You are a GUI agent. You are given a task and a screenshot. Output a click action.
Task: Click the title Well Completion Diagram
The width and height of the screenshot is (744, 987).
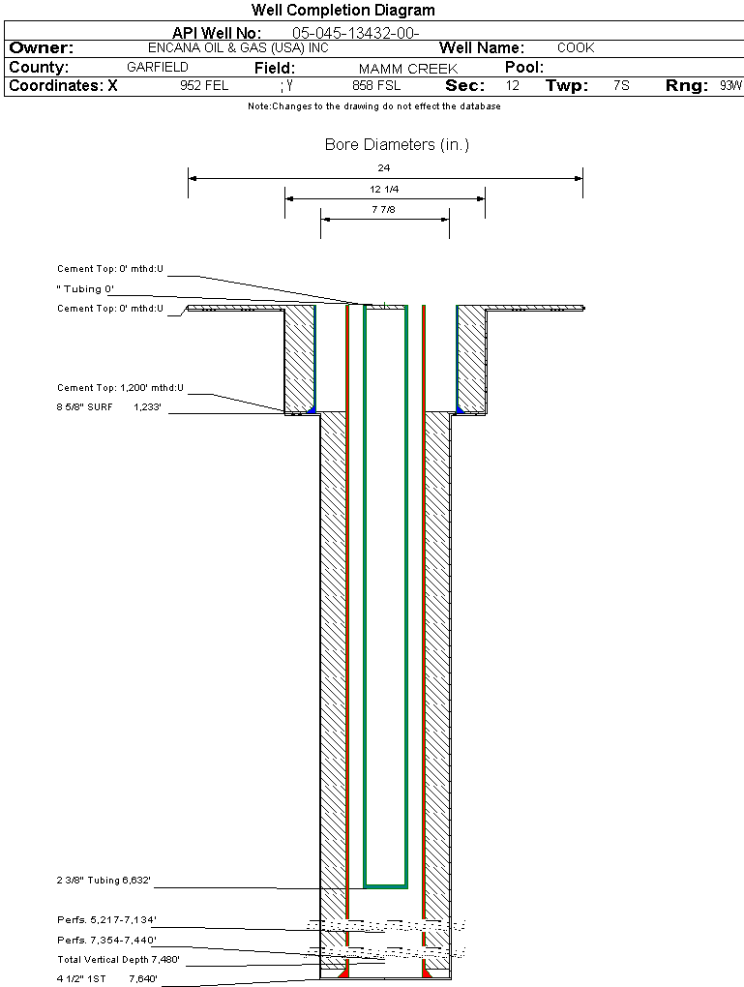[x=343, y=11]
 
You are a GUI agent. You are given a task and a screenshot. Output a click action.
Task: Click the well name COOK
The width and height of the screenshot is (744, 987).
[x=576, y=47]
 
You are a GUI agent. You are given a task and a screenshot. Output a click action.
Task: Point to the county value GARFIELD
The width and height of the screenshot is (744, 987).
[x=158, y=68]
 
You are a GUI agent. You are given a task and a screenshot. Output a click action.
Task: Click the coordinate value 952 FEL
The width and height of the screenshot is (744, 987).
[x=204, y=86]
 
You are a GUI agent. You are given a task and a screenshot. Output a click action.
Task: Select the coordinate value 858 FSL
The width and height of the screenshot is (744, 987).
[x=376, y=86]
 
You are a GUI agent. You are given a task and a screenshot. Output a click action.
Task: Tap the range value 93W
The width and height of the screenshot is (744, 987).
[x=730, y=86]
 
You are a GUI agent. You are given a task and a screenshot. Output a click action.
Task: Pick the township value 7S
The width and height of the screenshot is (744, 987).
[x=621, y=86]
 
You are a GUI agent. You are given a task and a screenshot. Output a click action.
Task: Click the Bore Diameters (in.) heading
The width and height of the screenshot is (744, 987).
[x=397, y=145]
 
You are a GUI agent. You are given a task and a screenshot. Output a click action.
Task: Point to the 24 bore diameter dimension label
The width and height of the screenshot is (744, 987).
[x=384, y=168]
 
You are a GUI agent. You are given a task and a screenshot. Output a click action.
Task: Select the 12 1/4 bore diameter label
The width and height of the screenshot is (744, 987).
[x=384, y=189]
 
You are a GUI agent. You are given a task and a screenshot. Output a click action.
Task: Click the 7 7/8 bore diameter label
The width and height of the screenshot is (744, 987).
[x=384, y=209]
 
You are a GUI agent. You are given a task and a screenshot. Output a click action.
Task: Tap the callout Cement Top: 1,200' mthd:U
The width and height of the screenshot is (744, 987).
[x=120, y=388]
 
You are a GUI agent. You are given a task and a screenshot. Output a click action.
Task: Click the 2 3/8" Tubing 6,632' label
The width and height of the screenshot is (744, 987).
[x=104, y=881]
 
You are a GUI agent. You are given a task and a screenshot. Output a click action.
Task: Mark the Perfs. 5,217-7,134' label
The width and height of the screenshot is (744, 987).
[x=106, y=919]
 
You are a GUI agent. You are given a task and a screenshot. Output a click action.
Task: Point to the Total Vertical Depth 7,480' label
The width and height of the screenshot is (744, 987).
[x=118, y=960]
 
